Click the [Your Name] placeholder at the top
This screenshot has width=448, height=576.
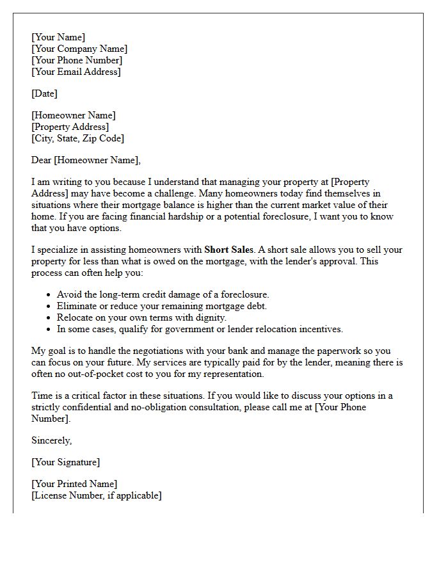click(58, 38)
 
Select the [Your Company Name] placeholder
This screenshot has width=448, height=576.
click(79, 49)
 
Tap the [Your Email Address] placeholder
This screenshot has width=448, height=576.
click(76, 72)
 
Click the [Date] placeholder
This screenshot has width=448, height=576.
click(44, 94)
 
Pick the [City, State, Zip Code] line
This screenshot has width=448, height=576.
click(77, 138)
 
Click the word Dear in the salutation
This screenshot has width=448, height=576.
click(42, 161)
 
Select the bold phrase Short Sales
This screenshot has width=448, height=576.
click(229, 250)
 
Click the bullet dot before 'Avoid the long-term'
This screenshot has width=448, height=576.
click(49, 295)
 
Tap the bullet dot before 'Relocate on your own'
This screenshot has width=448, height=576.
click(49, 318)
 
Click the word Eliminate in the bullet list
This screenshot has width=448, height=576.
click(77, 307)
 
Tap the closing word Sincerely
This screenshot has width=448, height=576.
click(51, 440)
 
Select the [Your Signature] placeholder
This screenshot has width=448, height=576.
click(65, 463)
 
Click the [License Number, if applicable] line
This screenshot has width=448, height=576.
click(97, 496)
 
